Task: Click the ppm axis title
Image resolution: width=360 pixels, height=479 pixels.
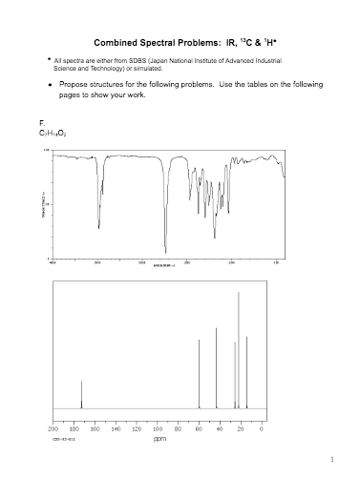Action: [159, 440]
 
